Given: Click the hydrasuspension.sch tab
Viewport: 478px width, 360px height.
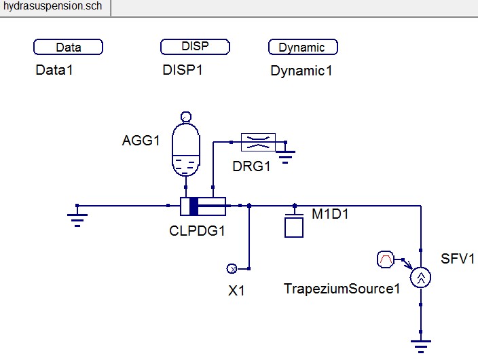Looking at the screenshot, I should (x=54, y=7).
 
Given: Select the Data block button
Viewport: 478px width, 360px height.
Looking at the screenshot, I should (x=68, y=47).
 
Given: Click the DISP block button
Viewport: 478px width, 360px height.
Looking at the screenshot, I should (x=194, y=46).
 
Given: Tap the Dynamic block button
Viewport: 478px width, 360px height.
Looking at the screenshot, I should (x=303, y=47).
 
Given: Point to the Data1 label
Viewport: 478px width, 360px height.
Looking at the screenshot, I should (x=54, y=69).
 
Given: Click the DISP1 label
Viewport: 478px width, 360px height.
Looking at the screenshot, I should (x=183, y=69).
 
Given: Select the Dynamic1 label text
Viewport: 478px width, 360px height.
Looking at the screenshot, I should (x=301, y=70).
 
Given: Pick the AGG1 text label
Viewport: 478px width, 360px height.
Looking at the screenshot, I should (x=141, y=141).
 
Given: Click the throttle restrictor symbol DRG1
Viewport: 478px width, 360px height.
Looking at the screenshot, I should (x=258, y=141).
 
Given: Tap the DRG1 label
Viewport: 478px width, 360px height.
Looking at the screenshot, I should (x=251, y=166).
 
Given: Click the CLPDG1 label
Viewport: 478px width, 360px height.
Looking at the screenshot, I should (x=197, y=230).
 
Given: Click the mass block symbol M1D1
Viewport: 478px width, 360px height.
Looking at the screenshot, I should (x=294, y=226).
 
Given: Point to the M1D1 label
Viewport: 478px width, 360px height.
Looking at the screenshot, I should (x=331, y=214).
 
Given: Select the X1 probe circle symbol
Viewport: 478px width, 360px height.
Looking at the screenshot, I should (x=231, y=269).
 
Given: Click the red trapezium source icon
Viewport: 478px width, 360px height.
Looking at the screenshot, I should (x=385, y=259).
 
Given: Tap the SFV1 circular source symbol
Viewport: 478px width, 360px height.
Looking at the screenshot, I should (x=421, y=276).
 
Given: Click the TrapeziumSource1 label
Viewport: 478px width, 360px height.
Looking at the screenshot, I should (x=342, y=289).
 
